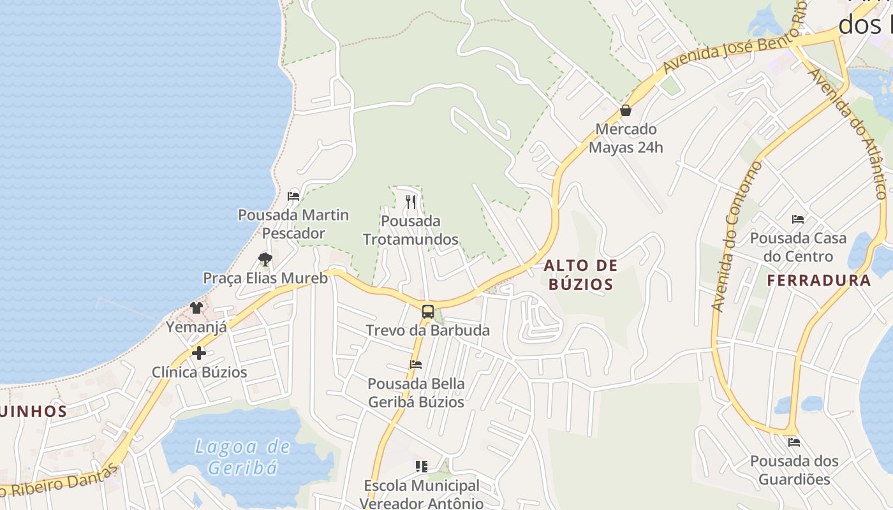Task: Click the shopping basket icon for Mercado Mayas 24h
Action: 626,110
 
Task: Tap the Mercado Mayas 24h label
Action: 626,138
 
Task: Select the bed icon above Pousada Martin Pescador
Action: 293,196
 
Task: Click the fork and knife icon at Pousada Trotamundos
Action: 411,202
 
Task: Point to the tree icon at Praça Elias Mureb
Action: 265,259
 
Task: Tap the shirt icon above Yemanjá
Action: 196,308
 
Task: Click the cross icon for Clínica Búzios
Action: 199,353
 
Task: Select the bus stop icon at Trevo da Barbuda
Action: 428,312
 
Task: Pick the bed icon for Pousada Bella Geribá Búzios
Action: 416,365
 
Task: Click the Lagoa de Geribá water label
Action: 242,456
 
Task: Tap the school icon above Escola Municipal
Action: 421,467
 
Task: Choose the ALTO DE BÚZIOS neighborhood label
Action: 581,275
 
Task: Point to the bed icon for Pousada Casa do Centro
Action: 798,219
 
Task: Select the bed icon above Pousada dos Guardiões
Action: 794,442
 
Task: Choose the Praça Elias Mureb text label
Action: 265,278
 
